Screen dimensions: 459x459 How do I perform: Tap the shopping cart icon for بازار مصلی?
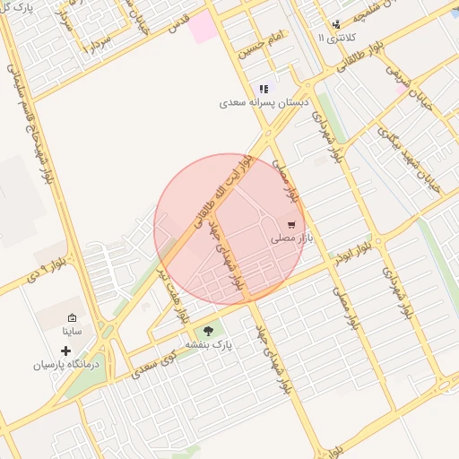pyautogui.click(x=291, y=224)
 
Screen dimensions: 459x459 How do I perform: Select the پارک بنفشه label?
pyautogui.click(x=209, y=344)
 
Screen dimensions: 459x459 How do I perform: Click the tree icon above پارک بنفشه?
pyautogui.click(x=209, y=331)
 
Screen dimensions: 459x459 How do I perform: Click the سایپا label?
pyautogui.click(x=72, y=331)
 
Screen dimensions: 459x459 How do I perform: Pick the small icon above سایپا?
pyautogui.click(x=72, y=317)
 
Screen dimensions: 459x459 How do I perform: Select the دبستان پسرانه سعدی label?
pyautogui.click(x=264, y=103)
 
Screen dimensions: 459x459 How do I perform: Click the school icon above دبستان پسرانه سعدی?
pyautogui.click(x=264, y=89)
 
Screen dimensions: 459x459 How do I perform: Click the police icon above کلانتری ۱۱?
pyautogui.click(x=336, y=24)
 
